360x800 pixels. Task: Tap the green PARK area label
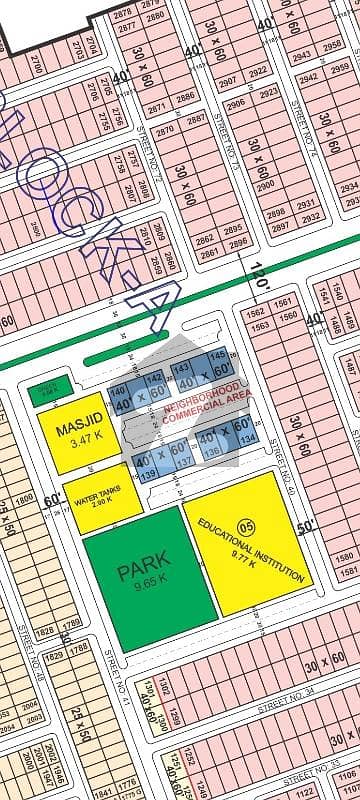[144, 572]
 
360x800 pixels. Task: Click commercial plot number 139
[147, 474]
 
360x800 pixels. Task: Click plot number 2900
[265, 187]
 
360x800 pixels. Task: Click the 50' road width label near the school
[306, 527]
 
